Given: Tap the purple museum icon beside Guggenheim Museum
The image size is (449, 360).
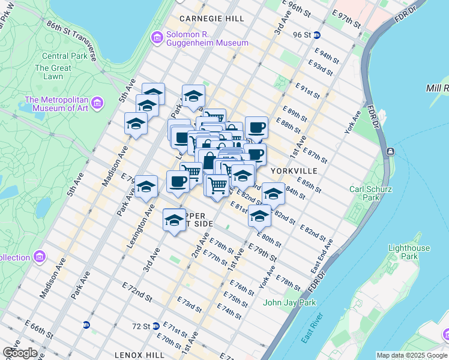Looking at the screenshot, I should point(157,38).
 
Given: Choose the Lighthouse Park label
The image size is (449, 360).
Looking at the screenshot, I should point(409,252).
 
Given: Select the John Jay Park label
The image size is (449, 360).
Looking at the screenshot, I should point(289,302).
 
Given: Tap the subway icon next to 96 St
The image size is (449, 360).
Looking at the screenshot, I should point(316,35).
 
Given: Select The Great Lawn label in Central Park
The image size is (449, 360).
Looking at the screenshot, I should point(53,72).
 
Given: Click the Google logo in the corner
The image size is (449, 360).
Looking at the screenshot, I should point(20,353).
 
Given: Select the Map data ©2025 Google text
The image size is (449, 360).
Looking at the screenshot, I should point(411,355).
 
